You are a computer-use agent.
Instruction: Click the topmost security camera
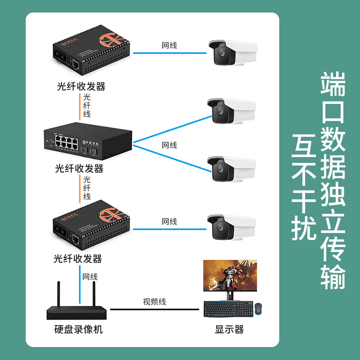232,53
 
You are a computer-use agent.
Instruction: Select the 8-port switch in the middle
88,140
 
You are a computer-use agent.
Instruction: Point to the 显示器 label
229,329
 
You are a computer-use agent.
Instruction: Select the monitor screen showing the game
231,275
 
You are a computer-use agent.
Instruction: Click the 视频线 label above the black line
154,301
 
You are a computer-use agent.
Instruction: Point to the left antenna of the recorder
58,295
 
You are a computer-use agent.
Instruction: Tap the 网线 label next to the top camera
169,45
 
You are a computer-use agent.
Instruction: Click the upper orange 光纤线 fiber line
80,107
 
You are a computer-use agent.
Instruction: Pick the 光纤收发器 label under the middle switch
79,168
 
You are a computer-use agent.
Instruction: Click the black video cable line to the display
154,309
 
